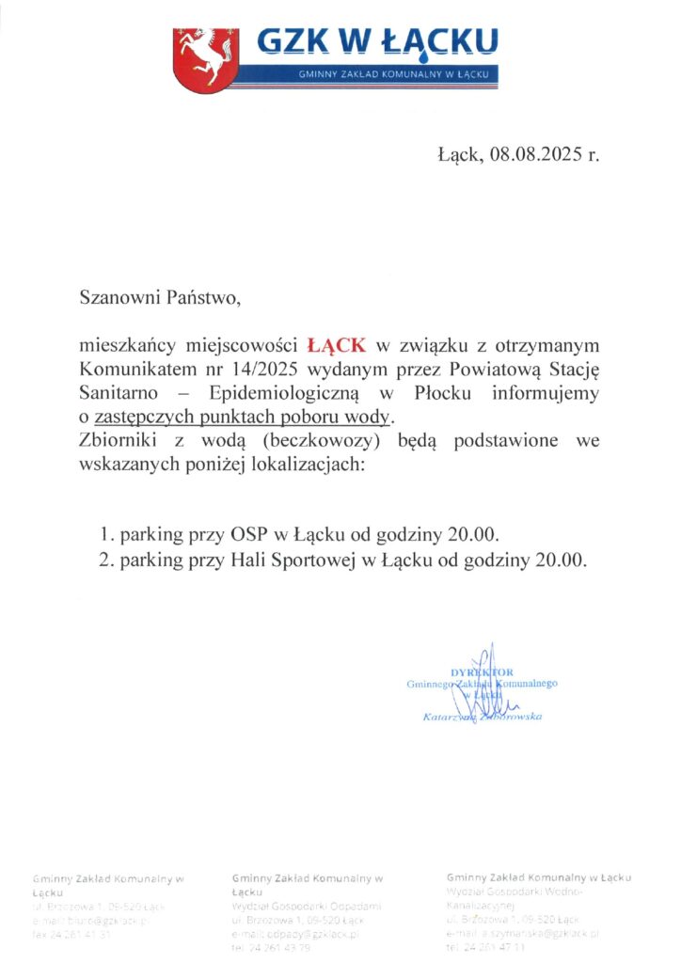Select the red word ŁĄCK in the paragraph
click(x=339, y=345)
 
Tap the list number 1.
click(x=105, y=536)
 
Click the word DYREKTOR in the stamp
click(x=482, y=671)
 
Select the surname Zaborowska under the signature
click(x=515, y=717)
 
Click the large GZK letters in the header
click(x=300, y=40)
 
